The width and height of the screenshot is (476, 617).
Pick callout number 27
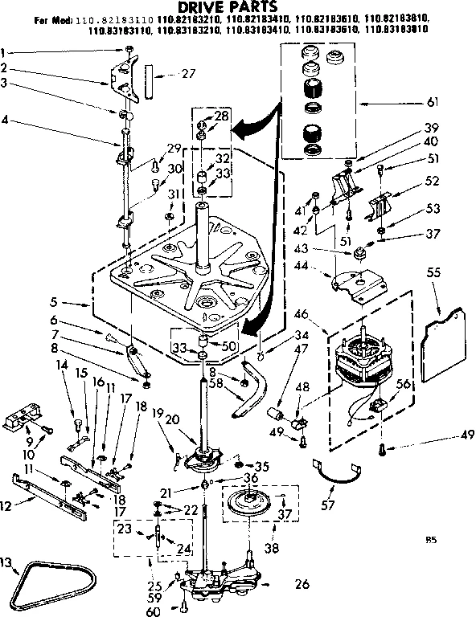point(189,74)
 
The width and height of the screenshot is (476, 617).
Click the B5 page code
point(432,541)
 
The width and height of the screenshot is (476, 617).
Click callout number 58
point(215,383)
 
